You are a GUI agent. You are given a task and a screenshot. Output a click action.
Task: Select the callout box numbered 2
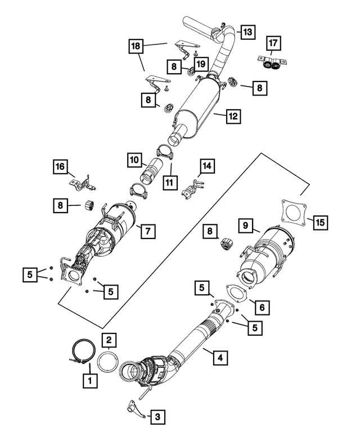(x=109, y=339)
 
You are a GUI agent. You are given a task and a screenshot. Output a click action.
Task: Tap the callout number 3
(x=157, y=416)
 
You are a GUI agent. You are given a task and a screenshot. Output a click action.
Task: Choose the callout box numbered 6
(x=261, y=307)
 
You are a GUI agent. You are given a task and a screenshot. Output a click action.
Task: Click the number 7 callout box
(x=148, y=230)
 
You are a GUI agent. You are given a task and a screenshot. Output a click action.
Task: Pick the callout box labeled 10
(x=134, y=161)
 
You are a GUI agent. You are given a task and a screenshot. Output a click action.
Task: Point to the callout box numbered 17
(x=273, y=43)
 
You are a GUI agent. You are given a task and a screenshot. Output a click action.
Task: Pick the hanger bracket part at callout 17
(x=273, y=64)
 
